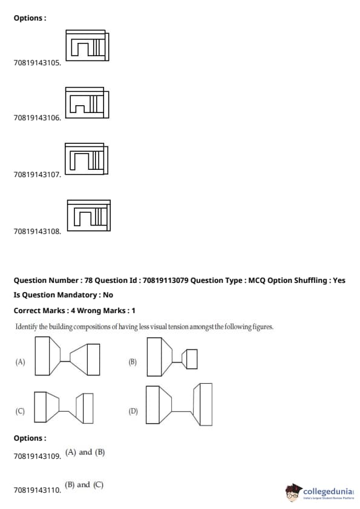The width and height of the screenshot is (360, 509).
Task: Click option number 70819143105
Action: tap(37, 63)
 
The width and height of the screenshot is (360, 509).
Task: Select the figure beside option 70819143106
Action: tap(87, 103)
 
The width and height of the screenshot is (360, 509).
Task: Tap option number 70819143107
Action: tap(37, 175)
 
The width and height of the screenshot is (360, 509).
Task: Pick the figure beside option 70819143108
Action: tap(89, 216)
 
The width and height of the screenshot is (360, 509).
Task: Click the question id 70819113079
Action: tap(165, 280)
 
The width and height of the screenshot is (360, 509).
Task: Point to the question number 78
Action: tap(89, 280)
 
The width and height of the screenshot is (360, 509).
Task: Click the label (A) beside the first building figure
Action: tap(20, 361)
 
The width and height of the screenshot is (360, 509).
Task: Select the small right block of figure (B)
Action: tap(192, 359)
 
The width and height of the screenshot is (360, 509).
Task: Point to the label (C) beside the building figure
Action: tap(20, 411)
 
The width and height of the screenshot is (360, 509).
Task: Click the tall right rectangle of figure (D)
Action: tap(206, 404)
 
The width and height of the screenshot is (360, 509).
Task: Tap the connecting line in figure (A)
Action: tap(65, 361)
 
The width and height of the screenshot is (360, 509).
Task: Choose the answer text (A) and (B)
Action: tap(85, 452)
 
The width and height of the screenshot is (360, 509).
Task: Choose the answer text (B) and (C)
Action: tap(84, 485)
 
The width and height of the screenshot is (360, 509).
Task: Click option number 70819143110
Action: tap(37, 490)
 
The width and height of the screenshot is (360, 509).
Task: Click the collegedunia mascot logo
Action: tap(293, 492)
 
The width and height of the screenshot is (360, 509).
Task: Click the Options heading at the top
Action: tap(30, 18)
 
